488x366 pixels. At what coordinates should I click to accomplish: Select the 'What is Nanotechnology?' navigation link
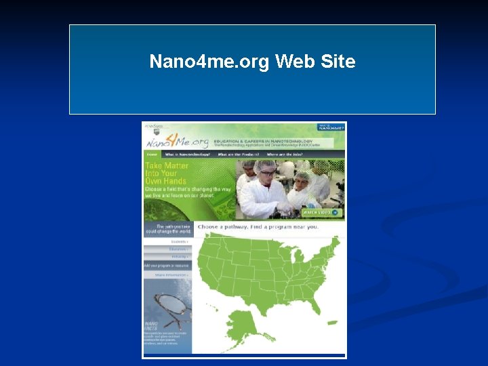coord(188,155)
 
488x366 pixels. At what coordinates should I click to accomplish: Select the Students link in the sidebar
coord(179,241)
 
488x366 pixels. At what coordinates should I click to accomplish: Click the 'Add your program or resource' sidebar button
coord(167,266)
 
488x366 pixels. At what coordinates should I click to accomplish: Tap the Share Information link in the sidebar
coord(171,275)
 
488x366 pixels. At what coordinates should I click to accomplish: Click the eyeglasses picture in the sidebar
coord(166,303)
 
